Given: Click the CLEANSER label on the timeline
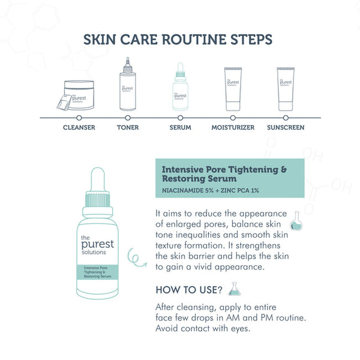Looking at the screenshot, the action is [x=79, y=127].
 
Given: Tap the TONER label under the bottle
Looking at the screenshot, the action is [x=128, y=127].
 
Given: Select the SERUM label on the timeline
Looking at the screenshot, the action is [x=180, y=127].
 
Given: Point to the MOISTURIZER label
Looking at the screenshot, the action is [x=233, y=127].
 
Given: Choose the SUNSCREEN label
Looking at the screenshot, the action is [x=286, y=127].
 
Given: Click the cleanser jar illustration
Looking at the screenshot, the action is [x=76, y=95].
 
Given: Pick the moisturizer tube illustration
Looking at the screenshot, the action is [x=233, y=89].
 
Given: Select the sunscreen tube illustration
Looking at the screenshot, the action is [x=286, y=89].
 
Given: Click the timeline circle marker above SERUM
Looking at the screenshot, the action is [x=180, y=118].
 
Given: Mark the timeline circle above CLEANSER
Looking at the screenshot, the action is [x=79, y=118].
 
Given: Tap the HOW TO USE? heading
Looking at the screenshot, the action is [x=189, y=290].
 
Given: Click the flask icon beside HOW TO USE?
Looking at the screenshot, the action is [x=235, y=289].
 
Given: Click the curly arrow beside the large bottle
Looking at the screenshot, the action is [x=137, y=257].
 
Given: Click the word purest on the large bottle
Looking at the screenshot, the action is [x=98, y=245].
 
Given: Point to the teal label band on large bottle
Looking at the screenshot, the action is [x=98, y=272].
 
